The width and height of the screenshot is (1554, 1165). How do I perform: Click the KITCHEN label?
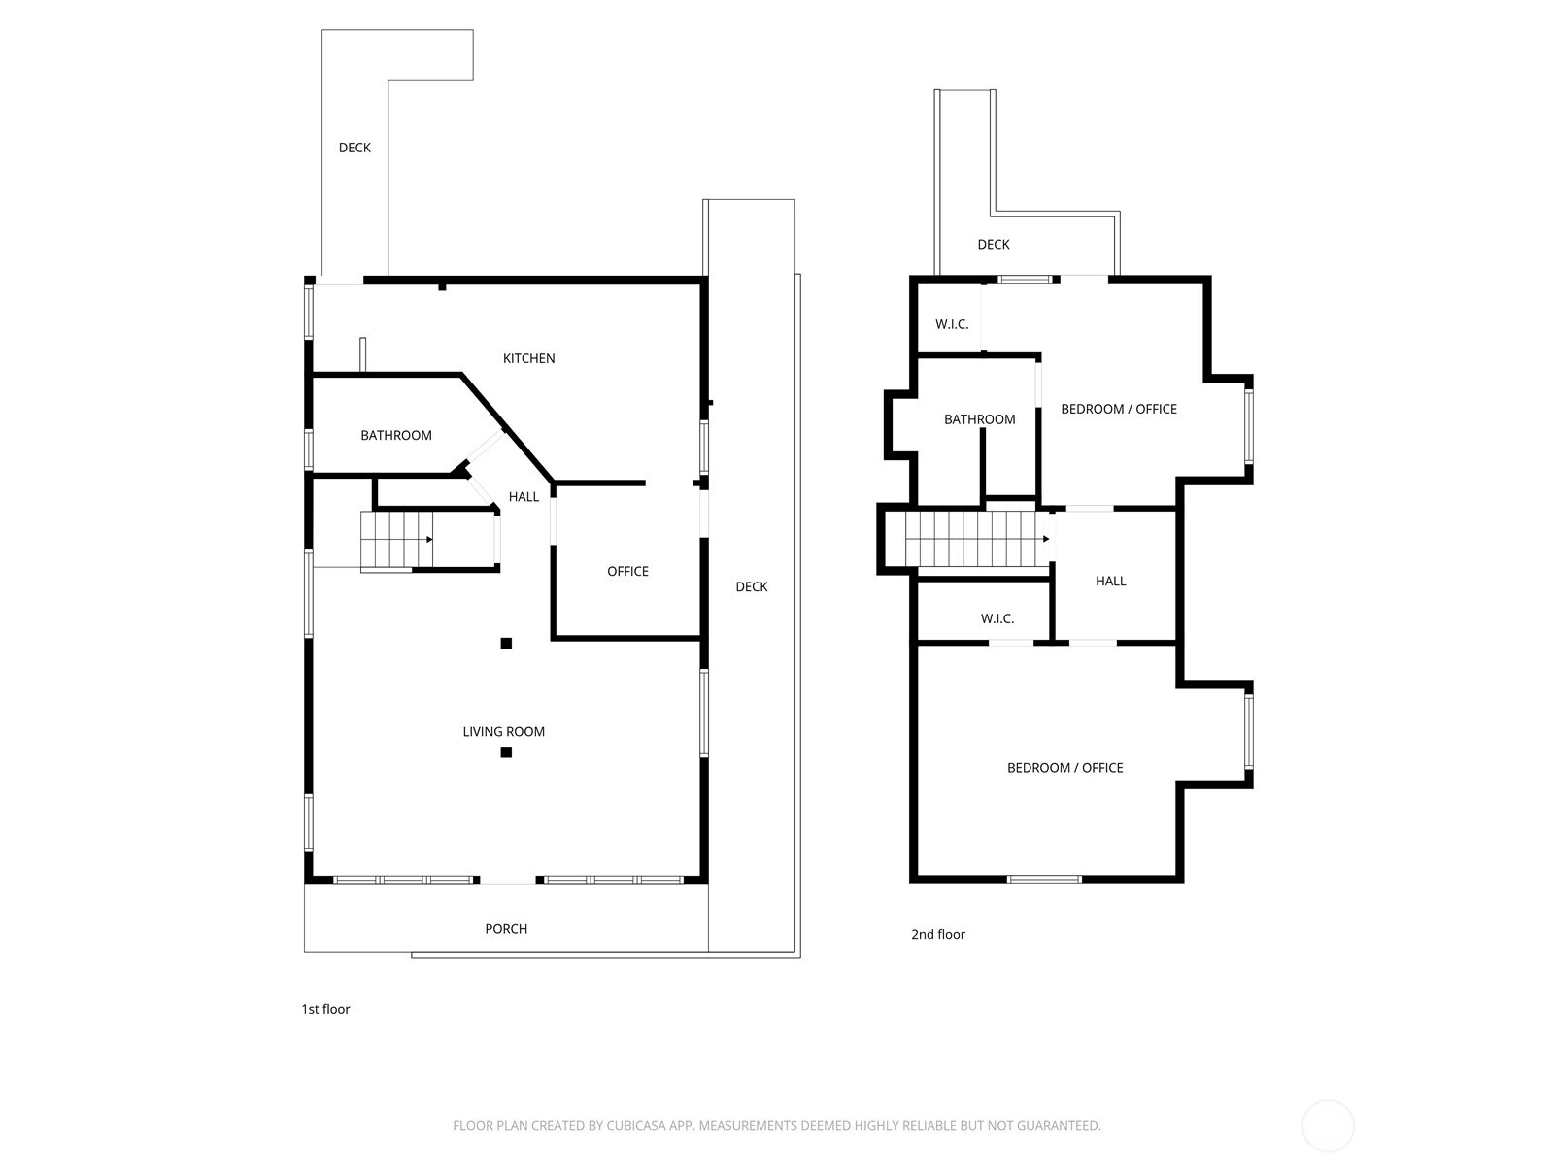pyautogui.click(x=528, y=358)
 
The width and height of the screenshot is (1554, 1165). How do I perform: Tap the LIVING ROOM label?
pyautogui.click(x=503, y=731)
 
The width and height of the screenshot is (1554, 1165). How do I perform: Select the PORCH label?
pyautogui.click(x=505, y=929)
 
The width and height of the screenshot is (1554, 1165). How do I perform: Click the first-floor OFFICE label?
pyautogui.click(x=627, y=571)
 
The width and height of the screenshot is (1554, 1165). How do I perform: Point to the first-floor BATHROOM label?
pyautogui.click(x=395, y=435)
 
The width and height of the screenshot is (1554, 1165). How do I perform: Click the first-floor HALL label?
pyautogui.click(x=524, y=496)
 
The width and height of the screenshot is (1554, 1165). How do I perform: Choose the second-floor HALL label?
pyautogui.click(x=1110, y=581)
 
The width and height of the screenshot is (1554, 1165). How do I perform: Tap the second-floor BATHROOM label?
pyautogui.click(x=979, y=419)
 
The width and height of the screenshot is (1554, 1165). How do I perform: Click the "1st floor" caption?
pyautogui.click(x=325, y=1009)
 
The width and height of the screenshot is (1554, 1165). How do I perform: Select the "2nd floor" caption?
pyautogui.click(x=938, y=934)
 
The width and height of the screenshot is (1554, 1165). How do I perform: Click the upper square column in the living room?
pyautogui.click(x=506, y=643)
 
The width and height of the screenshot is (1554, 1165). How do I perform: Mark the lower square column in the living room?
pyautogui.click(x=506, y=751)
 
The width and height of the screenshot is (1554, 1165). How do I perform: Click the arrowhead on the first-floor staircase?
pyautogui.click(x=429, y=539)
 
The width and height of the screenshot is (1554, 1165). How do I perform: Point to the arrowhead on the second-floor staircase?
pyautogui.click(x=1046, y=539)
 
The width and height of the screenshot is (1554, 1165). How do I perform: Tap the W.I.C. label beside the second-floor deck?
pyautogui.click(x=952, y=324)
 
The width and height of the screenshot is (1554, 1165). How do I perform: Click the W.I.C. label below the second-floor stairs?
pyautogui.click(x=997, y=619)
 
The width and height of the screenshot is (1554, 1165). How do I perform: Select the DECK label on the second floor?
pyautogui.click(x=994, y=244)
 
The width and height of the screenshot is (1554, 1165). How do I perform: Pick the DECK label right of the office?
pyautogui.click(x=751, y=586)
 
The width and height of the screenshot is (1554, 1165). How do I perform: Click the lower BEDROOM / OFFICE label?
pyautogui.click(x=1064, y=768)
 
